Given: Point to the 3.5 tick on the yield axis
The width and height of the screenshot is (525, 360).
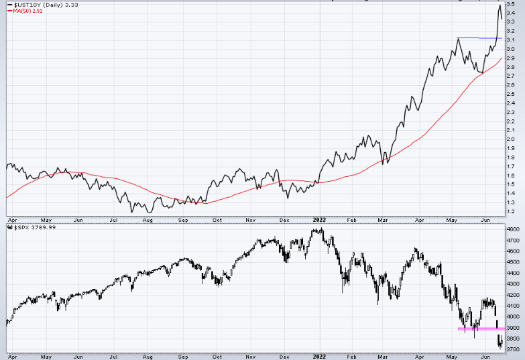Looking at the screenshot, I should [510, 5].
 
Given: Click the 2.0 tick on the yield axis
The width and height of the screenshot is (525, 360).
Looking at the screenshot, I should [510, 139].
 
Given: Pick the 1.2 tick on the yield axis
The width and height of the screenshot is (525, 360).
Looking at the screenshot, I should [510, 211].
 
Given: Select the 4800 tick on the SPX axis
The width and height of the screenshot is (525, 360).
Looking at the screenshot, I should [513, 229].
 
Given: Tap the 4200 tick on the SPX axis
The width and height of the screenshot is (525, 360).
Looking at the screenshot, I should [513, 295].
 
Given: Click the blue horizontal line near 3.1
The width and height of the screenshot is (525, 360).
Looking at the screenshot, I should [479, 38].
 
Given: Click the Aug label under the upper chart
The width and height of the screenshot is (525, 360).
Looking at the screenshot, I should [148, 219].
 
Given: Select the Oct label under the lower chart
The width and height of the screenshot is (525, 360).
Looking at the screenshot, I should [217, 357].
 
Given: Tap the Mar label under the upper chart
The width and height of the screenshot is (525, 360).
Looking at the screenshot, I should [382, 219].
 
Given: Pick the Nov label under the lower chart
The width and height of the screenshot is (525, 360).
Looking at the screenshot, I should [251, 357].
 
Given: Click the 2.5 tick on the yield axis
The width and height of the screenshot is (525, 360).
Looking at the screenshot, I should [510, 95].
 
